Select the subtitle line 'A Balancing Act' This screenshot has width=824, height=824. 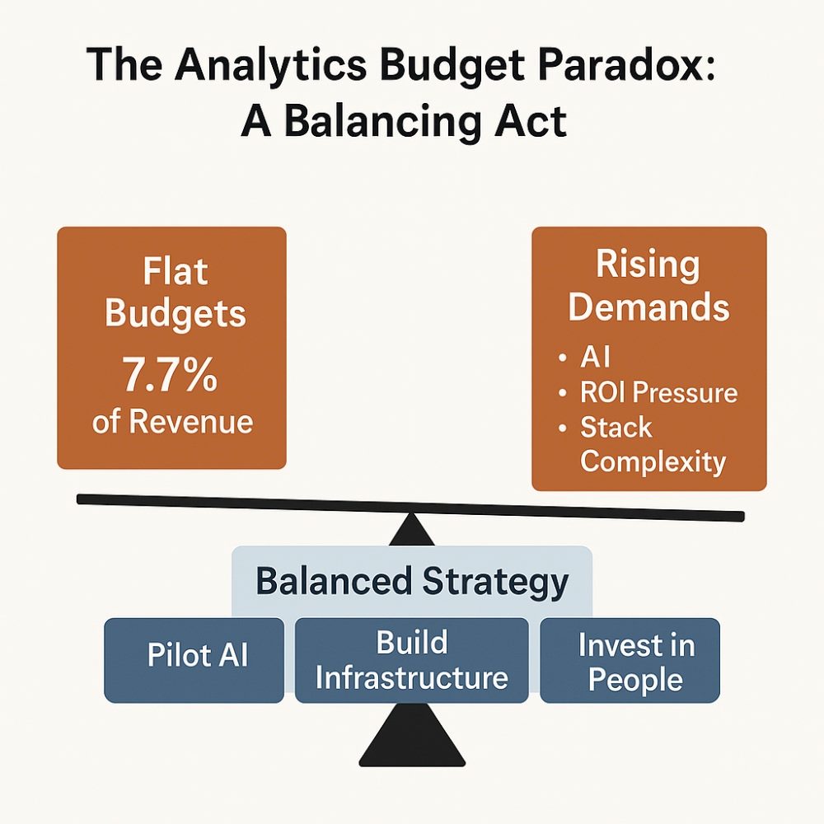(x=404, y=121)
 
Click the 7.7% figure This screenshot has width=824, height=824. (x=170, y=374)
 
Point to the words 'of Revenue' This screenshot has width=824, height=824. (x=172, y=421)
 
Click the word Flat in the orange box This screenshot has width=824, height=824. (x=176, y=271)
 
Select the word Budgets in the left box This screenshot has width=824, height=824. (x=176, y=314)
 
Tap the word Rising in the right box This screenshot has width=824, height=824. (x=648, y=265)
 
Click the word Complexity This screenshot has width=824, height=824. (x=653, y=461)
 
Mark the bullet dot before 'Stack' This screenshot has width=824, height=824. (x=563, y=428)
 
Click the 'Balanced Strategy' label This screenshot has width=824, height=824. (x=412, y=582)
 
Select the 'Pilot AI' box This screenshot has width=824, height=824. (x=194, y=660)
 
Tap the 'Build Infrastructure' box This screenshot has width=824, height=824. (x=411, y=660)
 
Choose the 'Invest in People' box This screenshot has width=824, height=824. (x=630, y=660)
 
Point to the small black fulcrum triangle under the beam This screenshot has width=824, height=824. (x=411, y=531)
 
